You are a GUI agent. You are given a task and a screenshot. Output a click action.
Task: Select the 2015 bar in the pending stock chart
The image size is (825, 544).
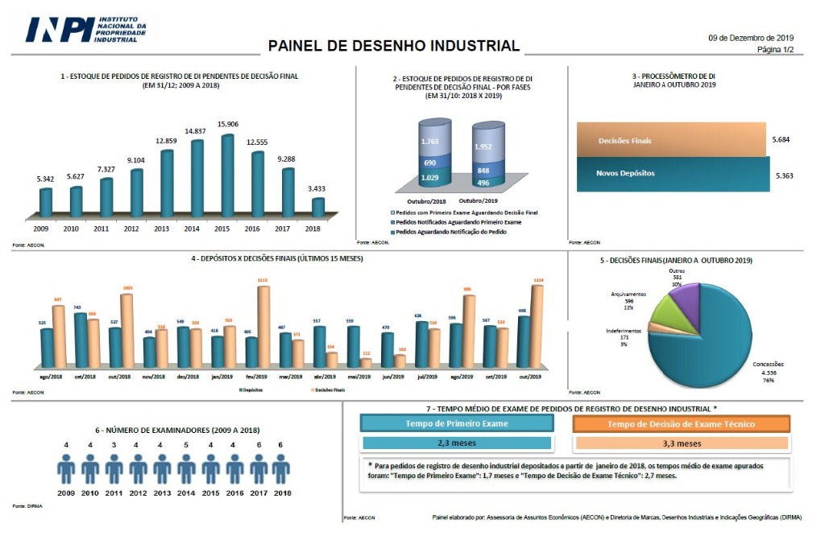click(x=227, y=175)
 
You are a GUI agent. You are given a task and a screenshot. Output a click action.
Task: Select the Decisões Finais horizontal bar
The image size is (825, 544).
click(x=670, y=140)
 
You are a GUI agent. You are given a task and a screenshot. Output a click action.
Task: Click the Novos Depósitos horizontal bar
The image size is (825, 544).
click(x=672, y=173)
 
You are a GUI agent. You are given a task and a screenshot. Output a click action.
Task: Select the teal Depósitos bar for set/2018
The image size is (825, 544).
click(x=81, y=340)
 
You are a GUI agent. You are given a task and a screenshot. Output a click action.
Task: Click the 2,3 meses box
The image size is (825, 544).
click(x=457, y=443)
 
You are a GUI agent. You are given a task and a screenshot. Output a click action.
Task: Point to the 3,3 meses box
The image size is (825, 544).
click(x=681, y=443)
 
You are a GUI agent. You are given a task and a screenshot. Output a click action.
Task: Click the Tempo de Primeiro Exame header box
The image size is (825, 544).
click(x=457, y=424)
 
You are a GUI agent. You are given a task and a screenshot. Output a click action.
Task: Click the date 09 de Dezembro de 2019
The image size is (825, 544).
click(x=751, y=38)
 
